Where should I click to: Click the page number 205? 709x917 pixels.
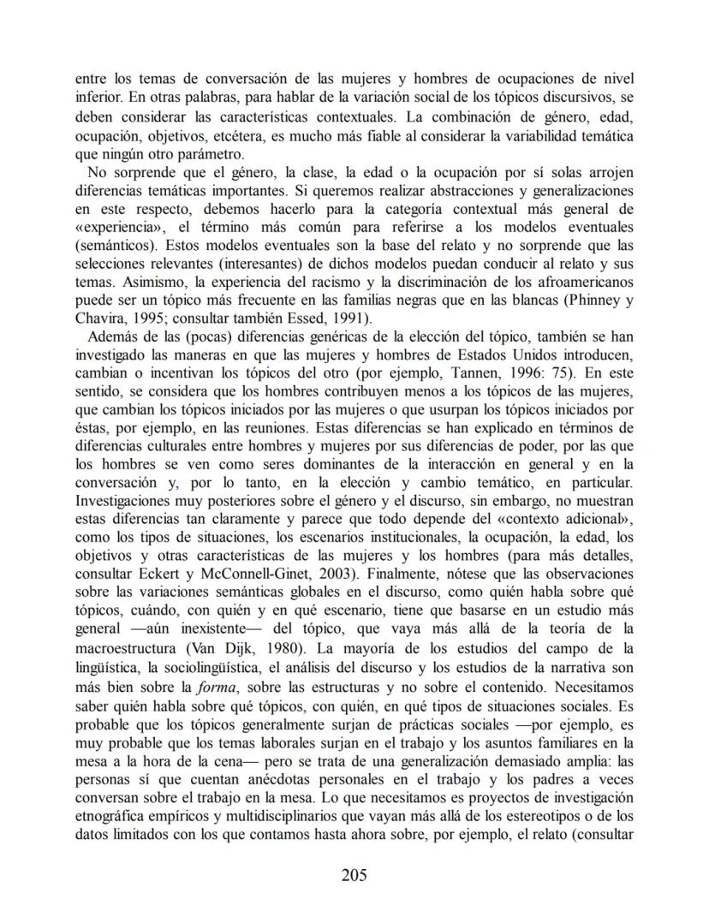click(x=354, y=874)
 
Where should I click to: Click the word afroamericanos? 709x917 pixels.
click(x=587, y=284)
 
